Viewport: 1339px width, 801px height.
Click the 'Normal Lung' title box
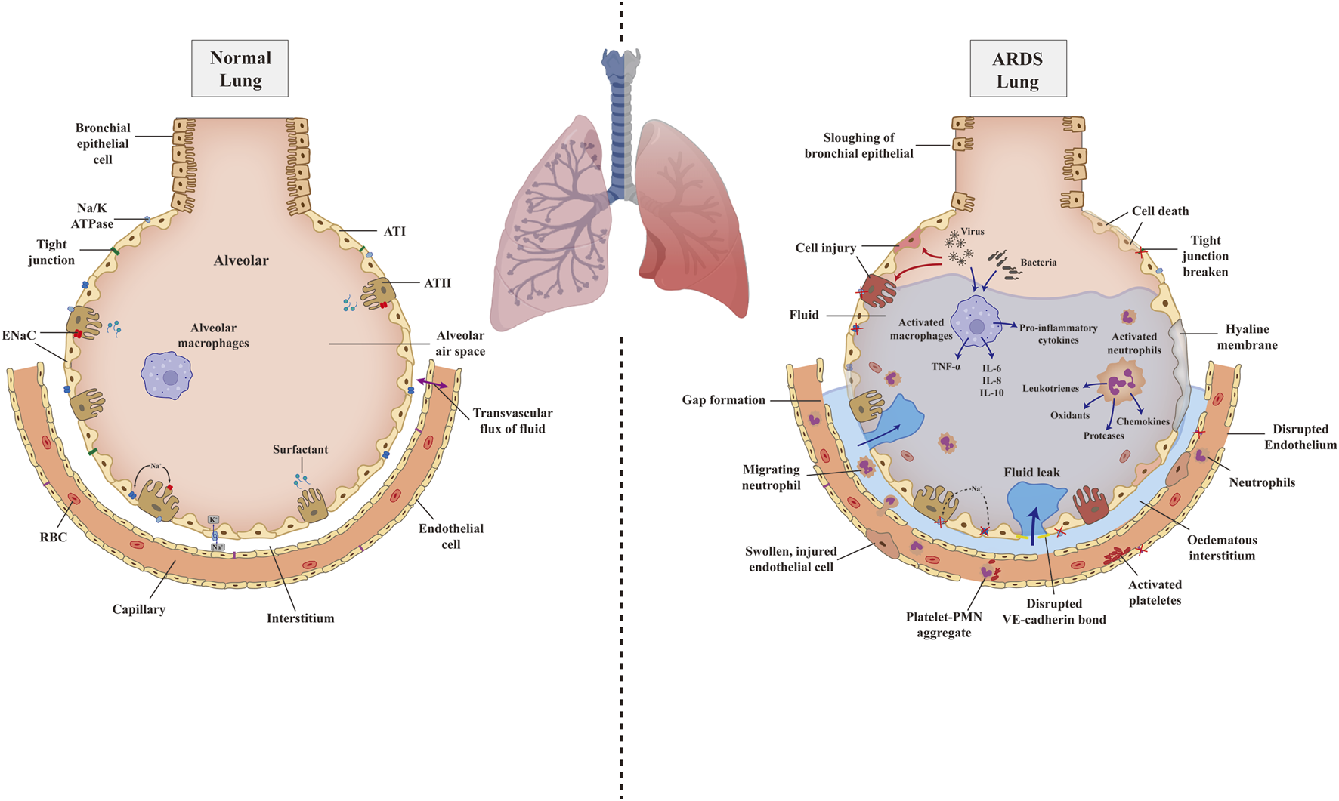point(240,69)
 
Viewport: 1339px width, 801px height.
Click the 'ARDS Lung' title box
point(1017,69)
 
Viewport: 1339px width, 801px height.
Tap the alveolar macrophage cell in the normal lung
point(167,375)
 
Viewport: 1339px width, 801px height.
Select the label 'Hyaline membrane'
point(1247,337)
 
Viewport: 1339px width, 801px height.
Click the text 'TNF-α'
point(946,367)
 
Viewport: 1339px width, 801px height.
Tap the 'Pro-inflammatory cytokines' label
point(1058,334)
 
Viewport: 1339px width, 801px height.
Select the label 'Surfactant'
point(300,449)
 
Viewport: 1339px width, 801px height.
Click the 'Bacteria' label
point(1038,263)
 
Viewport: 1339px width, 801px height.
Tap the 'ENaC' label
point(19,335)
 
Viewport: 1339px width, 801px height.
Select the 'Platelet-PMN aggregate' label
point(944,624)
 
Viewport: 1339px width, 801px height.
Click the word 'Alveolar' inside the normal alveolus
point(241,260)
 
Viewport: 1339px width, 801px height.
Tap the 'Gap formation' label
point(723,400)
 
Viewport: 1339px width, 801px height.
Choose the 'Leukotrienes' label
point(1050,388)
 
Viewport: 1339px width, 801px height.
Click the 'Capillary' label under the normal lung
point(138,609)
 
